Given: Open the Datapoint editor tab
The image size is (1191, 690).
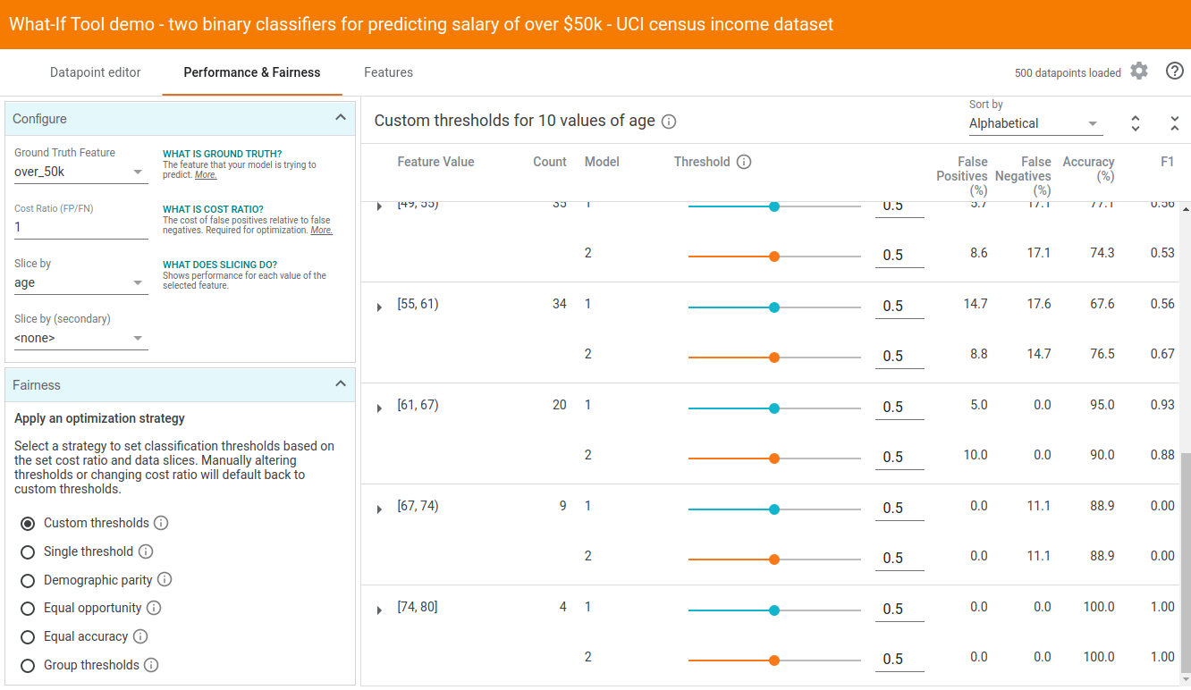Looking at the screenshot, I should point(96,72).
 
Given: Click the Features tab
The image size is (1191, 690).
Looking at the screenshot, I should point(388,72).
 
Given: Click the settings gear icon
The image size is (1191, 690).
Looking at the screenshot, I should point(1138,72).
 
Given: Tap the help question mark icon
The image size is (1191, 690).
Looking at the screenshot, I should point(1175,72).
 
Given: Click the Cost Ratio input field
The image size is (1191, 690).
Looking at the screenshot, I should point(80,227).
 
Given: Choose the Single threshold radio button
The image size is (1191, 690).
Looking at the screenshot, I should point(28,551).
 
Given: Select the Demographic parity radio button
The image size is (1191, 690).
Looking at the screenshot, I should point(28,580).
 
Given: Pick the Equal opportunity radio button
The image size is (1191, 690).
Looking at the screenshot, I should point(28,609).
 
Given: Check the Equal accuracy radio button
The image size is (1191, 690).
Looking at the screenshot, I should point(28,637).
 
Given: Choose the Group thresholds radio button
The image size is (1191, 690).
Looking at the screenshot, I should point(28,666).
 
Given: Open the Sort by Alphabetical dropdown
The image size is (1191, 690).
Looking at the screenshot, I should point(1035,123).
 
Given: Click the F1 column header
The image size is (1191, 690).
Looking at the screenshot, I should point(1167,162).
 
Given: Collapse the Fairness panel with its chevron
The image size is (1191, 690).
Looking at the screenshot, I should point(340,384).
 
